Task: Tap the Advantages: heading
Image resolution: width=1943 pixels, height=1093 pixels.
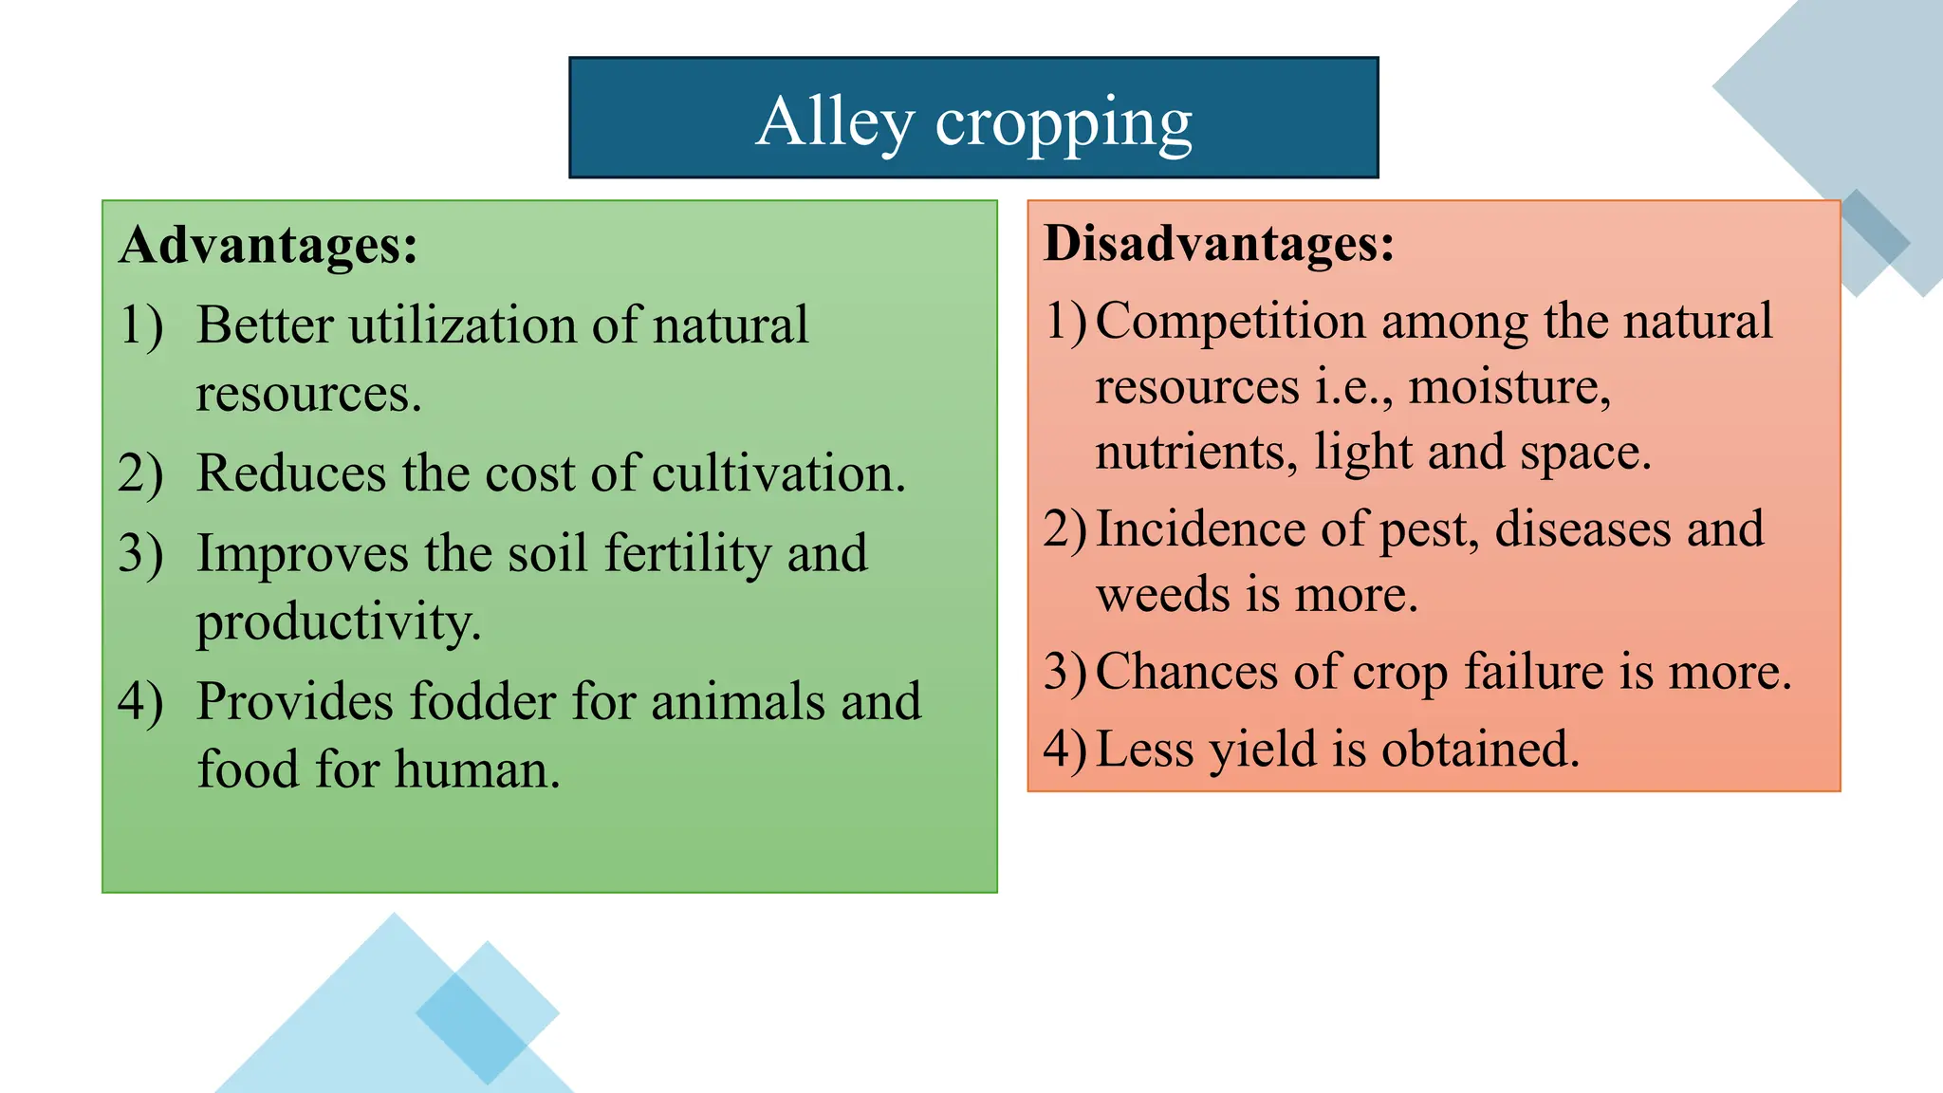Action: pos(268,245)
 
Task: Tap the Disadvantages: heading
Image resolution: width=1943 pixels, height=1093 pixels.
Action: pos(1219,243)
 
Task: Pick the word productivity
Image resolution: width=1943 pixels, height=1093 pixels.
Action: pos(339,623)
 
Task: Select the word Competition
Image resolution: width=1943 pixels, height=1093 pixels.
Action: pos(1230,321)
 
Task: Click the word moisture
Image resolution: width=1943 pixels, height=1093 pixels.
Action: pos(1509,387)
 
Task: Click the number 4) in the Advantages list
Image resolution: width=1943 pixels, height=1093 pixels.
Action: pos(140,702)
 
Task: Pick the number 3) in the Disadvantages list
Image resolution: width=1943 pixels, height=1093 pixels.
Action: pos(1064,672)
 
